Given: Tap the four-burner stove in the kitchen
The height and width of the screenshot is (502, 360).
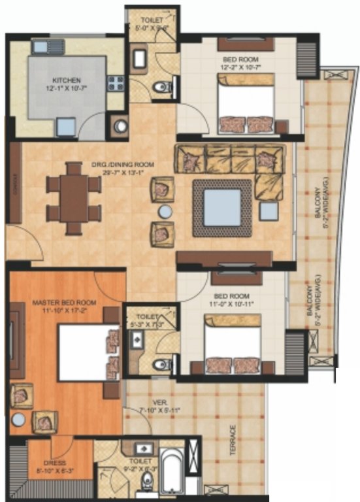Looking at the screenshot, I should click(x=116, y=82).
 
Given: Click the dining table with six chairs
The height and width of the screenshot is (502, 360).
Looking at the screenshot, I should click(x=73, y=196).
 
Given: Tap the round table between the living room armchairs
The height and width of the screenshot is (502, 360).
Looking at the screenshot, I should click(x=165, y=211).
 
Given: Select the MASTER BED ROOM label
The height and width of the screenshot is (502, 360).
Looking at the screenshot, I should click(x=64, y=303).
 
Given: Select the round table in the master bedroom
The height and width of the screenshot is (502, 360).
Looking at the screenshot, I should click(x=18, y=419).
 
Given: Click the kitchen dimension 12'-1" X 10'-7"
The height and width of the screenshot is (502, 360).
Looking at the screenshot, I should click(x=66, y=87).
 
